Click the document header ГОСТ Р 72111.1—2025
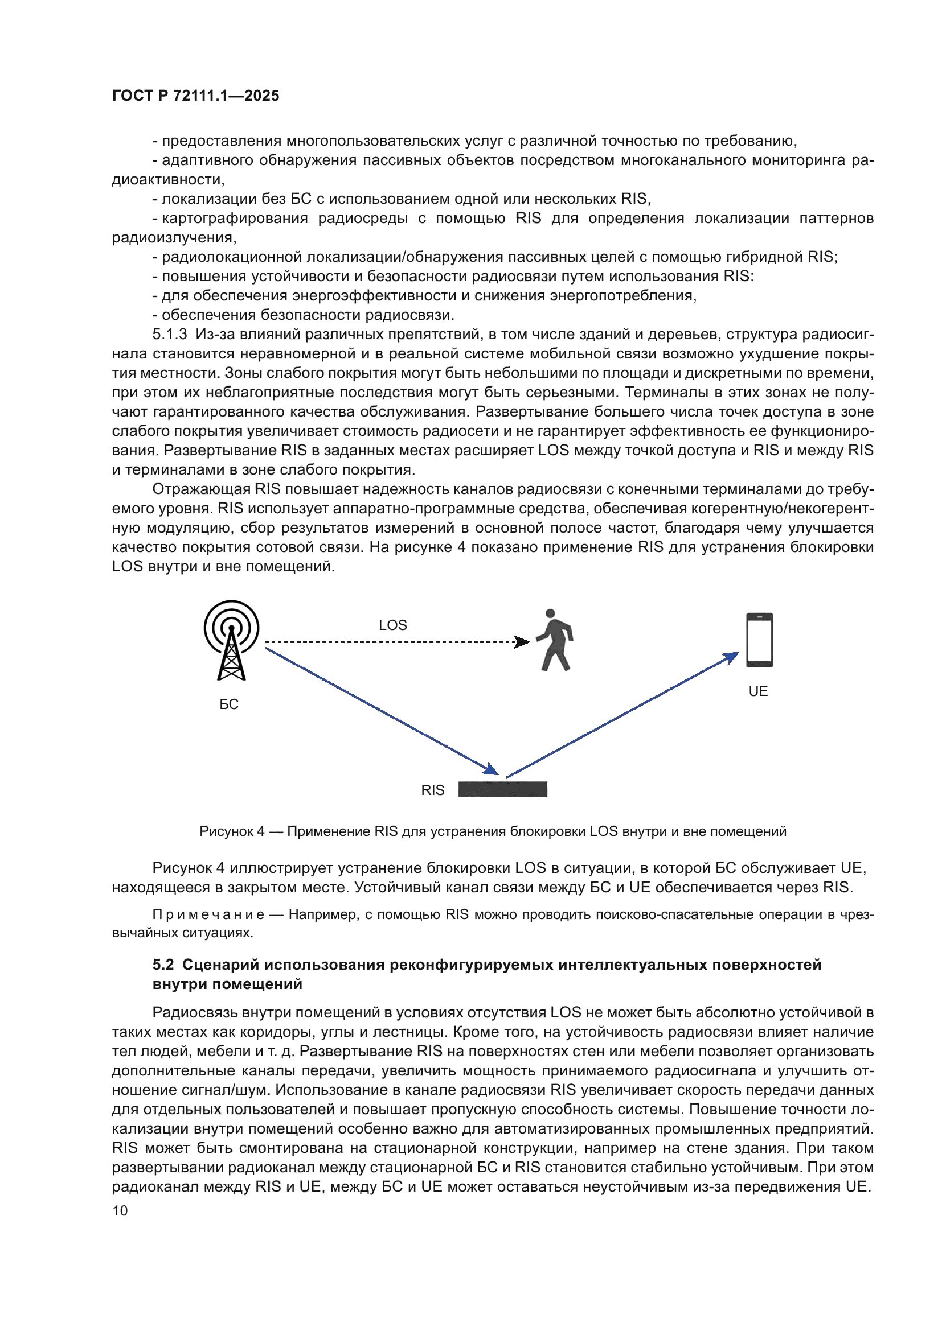pyautogui.click(x=195, y=96)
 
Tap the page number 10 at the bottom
pyautogui.click(x=120, y=1210)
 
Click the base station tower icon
pyautogui.click(x=231, y=640)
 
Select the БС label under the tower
pyautogui.click(x=229, y=704)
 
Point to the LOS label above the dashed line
pyautogui.click(x=393, y=625)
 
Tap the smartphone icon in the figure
pyautogui.click(x=759, y=640)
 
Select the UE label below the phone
pyautogui.click(x=758, y=691)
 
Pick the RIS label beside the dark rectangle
pyautogui.click(x=433, y=790)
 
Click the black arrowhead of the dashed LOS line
pyautogui.click(x=523, y=642)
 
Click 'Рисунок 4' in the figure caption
pyautogui.click(x=231, y=831)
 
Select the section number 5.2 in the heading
pyautogui.click(x=163, y=965)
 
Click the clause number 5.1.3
pyautogui.click(x=169, y=335)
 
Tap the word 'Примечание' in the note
pyautogui.click(x=208, y=914)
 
